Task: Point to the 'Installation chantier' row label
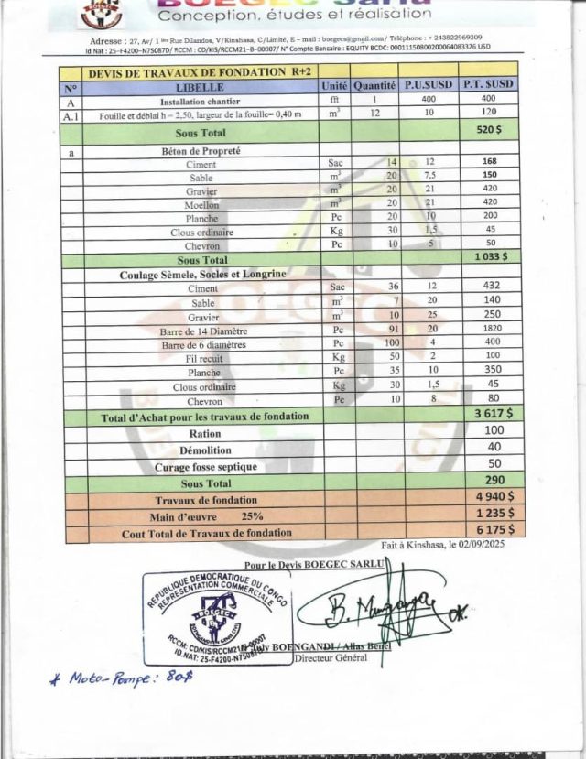200,102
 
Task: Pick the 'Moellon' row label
201,205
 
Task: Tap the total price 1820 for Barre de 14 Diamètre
490,329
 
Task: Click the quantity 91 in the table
393,330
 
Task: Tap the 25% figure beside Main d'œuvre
253,515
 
